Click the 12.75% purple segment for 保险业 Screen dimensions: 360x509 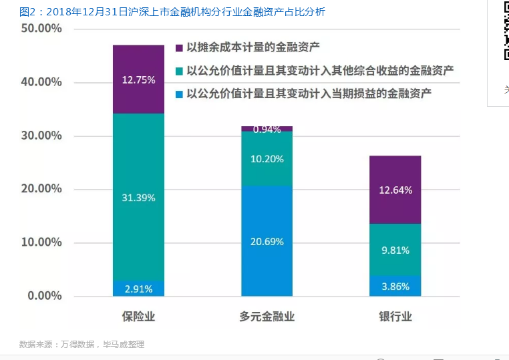[138, 79]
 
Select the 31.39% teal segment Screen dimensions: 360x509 [138, 197]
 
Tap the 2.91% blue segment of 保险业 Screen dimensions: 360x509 [138, 289]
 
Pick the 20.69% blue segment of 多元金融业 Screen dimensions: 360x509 [267, 241]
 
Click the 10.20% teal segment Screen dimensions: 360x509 [267, 159]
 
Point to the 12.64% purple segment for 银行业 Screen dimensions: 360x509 [395, 190]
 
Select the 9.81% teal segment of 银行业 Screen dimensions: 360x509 [395, 250]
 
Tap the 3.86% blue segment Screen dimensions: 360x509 [395, 286]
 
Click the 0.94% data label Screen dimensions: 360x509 [267, 130]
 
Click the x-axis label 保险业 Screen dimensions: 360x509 [138, 317]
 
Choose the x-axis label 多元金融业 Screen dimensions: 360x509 [267, 317]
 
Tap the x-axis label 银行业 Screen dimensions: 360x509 [395, 317]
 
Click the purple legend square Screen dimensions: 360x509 [179, 47]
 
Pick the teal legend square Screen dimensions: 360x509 [179, 70]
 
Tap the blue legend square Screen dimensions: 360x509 [179, 94]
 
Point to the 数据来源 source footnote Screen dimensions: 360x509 [81, 345]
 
